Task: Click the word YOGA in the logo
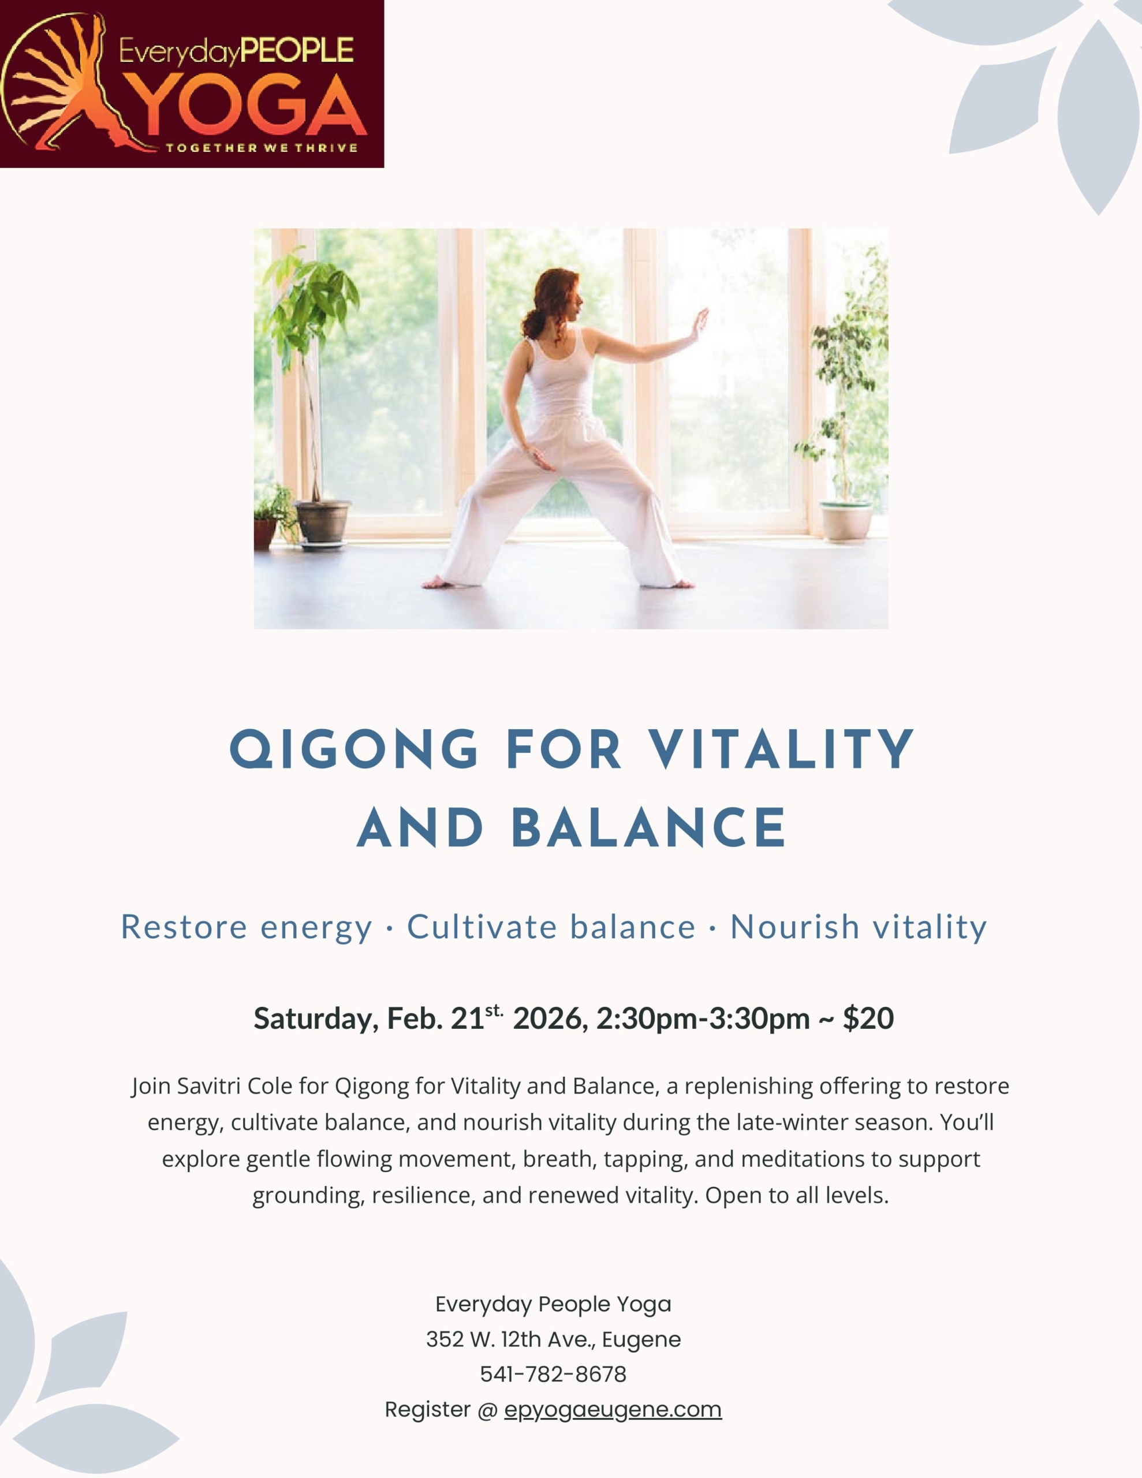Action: pos(250,106)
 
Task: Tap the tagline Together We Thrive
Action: pos(262,148)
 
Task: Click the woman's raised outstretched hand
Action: pos(699,325)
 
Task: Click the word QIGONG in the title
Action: pos(354,750)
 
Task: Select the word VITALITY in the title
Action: pos(781,750)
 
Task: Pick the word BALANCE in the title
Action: pos(648,828)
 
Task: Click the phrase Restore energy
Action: pos(247,927)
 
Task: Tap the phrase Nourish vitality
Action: pos(859,927)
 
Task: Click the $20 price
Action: pos(868,1018)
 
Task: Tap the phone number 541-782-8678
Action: pos(553,1375)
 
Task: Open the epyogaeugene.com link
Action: pos(613,1410)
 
